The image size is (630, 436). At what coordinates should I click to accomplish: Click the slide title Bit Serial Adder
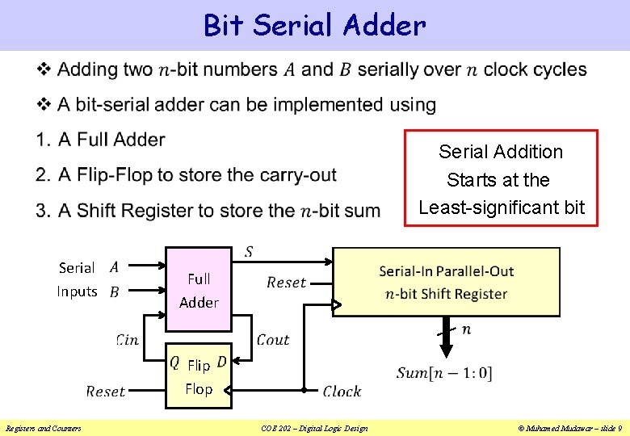point(314,25)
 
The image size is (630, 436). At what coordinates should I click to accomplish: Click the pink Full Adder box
point(199,290)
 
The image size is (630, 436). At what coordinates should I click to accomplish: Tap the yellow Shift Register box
point(446,281)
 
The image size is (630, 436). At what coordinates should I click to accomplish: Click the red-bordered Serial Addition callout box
point(501,178)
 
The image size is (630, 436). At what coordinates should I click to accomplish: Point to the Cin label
point(128,340)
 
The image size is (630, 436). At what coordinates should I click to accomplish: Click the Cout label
point(273,340)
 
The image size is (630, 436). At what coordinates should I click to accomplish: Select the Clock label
point(342,392)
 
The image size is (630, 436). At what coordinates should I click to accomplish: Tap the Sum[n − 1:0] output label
point(444,373)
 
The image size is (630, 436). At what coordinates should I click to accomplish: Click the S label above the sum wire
point(248,252)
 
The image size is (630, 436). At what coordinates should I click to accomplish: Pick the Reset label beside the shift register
point(286,283)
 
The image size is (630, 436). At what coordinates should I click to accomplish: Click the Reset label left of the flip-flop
point(105,392)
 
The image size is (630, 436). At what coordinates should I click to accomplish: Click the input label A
point(114,266)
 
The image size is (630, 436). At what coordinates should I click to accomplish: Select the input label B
point(114,292)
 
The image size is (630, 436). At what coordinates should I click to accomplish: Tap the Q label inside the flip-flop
point(174,363)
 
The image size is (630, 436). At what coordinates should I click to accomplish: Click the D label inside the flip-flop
point(222,363)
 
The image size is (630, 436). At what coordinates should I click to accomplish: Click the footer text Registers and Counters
point(43,428)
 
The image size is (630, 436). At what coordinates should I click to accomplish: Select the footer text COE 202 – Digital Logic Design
point(314,428)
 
